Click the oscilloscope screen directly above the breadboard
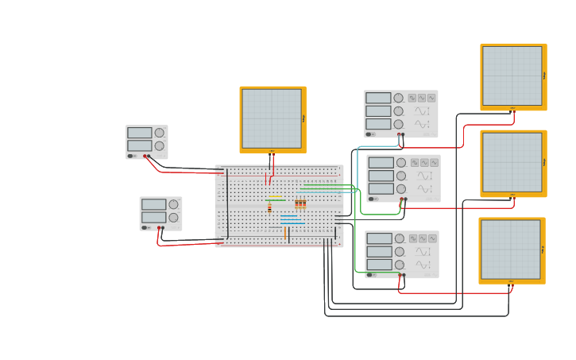pyautogui.click(x=272, y=118)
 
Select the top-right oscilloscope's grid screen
pyautogui.click(x=512, y=75)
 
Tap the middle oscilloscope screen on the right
pyautogui.click(x=512, y=162)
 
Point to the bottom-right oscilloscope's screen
pyautogui.click(x=511, y=249)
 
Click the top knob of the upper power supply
pyautogui.click(x=159, y=133)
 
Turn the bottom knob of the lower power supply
pyautogui.click(x=173, y=217)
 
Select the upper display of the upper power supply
pyautogui.click(x=139, y=133)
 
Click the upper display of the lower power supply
pyautogui.click(x=153, y=204)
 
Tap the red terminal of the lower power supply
pyautogui.click(x=159, y=227)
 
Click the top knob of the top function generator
pyautogui.click(x=398, y=98)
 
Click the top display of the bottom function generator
pyautogui.click(x=379, y=238)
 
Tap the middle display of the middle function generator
pyautogui.click(x=381, y=176)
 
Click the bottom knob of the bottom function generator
pyautogui.click(x=399, y=265)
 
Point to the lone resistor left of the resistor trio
pyautogui.click(x=269, y=208)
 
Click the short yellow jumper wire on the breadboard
pyautogui.click(x=274, y=196)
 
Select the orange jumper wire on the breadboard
pyautogui.click(x=284, y=233)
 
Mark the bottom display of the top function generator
pyautogui.click(x=378, y=124)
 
